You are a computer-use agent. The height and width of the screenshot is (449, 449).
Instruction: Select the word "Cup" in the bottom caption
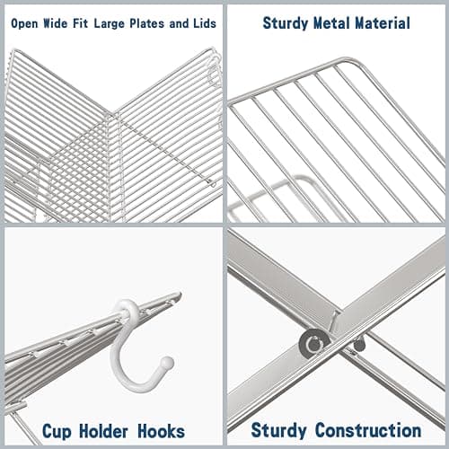tap(58, 429)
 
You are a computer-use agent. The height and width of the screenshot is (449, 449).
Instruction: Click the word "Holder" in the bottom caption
tap(102, 429)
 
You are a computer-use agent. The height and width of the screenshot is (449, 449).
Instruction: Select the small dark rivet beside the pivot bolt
tap(358, 342)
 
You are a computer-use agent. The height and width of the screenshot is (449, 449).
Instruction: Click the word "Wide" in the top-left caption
tap(61, 23)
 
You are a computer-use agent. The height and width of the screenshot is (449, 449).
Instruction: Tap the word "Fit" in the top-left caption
tap(87, 23)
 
